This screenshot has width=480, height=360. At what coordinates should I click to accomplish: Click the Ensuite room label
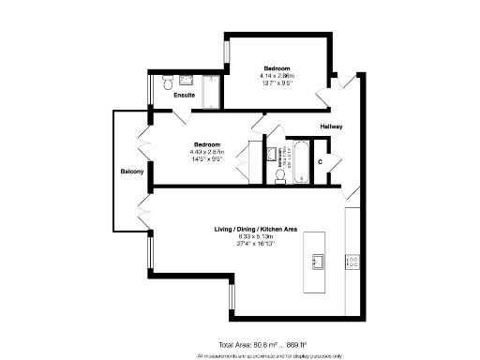pos(184,95)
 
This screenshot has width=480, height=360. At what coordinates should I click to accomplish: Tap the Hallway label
pos(332,126)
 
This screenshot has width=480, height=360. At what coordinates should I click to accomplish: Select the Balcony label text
pos(131,172)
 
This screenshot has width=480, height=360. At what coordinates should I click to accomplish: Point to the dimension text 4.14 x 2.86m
pos(277,75)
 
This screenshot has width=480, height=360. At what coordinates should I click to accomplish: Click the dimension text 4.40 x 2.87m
pos(207,152)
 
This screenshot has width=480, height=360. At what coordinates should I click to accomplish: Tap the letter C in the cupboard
pos(321,161)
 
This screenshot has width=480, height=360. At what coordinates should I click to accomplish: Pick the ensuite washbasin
pos(187,80)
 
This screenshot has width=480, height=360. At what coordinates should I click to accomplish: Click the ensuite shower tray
pos(211,90)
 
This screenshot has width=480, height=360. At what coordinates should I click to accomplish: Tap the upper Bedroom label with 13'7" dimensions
pos(277,68)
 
